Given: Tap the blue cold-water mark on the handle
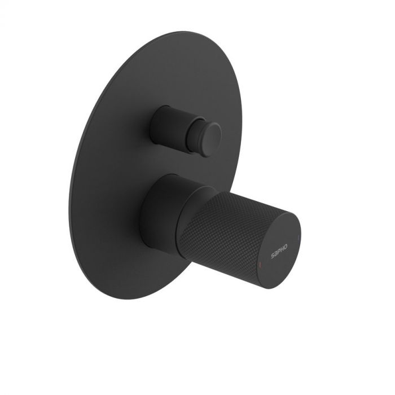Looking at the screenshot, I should [x=299, y=233].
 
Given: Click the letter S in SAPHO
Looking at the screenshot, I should [x=273, y=256].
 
